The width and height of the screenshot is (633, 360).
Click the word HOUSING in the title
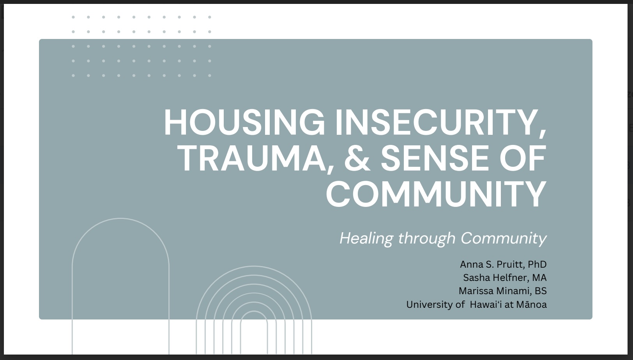(x=244, y=122)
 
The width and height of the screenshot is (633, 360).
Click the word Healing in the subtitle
(x=366, y=238)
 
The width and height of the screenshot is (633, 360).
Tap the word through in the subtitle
(x=427, y=238)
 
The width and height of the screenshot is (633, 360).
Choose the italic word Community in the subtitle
(x=504, y=238)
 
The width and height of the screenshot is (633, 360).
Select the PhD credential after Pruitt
(x=537, y=265)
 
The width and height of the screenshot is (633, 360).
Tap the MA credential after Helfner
(x=539, y=278)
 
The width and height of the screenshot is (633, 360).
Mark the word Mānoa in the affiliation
(x=531, y=305)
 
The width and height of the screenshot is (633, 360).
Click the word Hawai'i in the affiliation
(x=486, y=305)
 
